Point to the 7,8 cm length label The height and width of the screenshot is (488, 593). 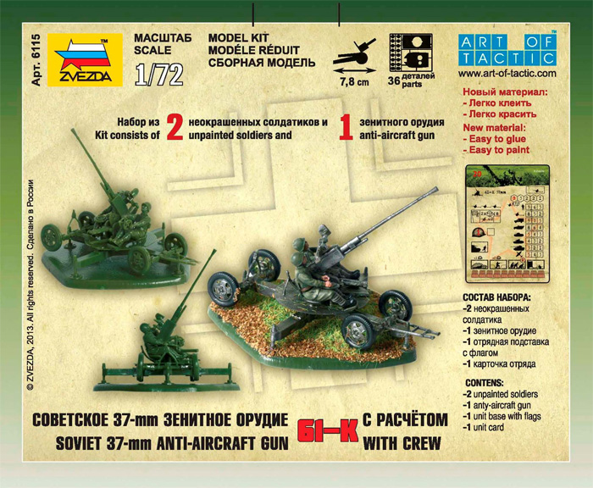click(355, 84)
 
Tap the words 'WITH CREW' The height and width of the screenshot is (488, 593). click(405, 441)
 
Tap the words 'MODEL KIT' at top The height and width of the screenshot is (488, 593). click(213, 39)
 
